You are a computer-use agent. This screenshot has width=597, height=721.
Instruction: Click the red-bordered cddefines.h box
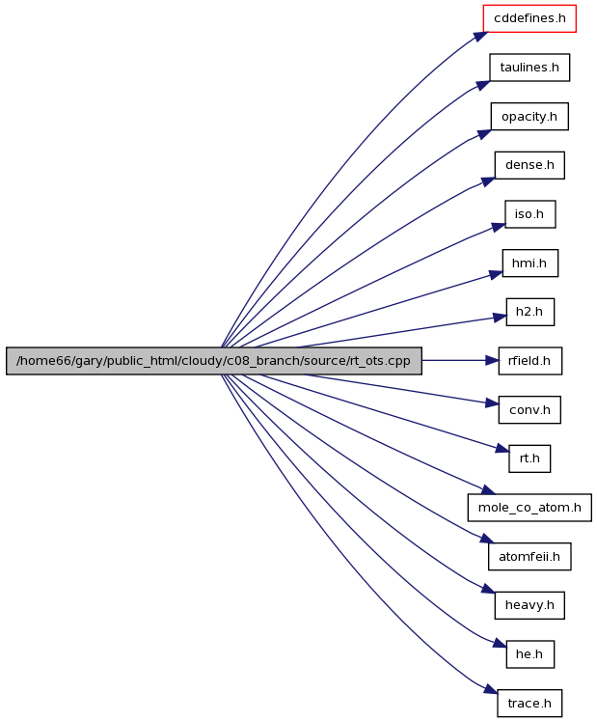pos(529,18)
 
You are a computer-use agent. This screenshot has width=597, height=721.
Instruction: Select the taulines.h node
pos(529,68)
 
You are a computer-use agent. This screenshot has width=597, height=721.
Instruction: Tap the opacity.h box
pos(529,117)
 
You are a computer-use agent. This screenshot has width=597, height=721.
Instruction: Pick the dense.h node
pos(529,165)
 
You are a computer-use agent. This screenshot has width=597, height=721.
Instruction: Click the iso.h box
pos(529,214)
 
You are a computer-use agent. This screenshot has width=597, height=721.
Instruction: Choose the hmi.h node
pos(529,263)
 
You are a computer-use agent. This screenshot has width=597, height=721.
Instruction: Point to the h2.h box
pos(529,312)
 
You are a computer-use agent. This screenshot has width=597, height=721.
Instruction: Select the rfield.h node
pos(529,361)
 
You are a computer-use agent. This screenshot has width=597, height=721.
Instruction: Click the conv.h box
pos(529,409)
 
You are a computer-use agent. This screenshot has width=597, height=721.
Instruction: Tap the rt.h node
pos(529,458)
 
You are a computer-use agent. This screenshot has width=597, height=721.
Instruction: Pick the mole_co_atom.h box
pos(529,508)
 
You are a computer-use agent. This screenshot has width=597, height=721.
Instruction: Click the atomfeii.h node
pos(529,556)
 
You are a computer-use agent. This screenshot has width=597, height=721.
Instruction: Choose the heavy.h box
pos(529,605)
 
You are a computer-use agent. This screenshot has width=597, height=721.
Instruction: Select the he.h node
pos(529,654)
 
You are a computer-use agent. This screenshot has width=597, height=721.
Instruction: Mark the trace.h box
pos(529,703)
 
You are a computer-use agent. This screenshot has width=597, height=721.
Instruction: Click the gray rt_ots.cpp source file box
pos(214,361)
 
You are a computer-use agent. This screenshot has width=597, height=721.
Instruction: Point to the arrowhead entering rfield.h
pos(492,361)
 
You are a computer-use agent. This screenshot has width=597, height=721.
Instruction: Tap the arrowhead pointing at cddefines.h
pos(479,36)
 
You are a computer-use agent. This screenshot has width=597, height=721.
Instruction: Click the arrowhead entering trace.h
pos(491,689)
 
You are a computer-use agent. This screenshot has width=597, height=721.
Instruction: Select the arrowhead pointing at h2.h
pos(500,318)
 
